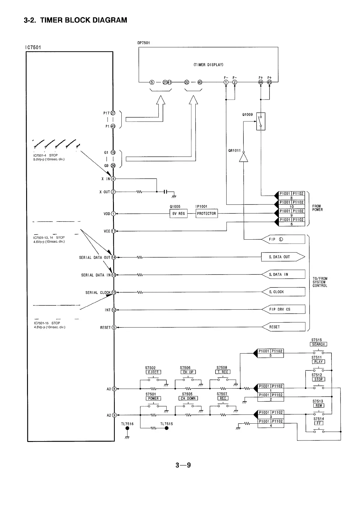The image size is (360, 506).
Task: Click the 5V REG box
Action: (178, 213)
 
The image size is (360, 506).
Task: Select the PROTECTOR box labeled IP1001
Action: (206, 213)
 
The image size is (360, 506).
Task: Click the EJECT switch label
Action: (153, 372)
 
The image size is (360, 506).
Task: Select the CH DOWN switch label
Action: (188, 398)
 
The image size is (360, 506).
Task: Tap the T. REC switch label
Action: (223, 372)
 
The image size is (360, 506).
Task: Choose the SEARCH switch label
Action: (318, 344)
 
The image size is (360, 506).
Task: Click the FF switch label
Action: (319, 423)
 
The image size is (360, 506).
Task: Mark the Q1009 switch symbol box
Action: (261, 121)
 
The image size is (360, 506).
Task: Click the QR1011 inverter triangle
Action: (243, 157)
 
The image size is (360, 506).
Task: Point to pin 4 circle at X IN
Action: (113, 179)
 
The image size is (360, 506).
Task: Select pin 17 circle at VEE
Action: (113, 231)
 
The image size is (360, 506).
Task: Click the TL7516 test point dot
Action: (127, 429)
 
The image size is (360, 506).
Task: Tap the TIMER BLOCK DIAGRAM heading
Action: (75, 20)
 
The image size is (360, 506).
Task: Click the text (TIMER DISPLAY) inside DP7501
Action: (208, 65)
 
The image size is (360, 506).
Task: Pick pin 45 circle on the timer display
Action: (269, 82)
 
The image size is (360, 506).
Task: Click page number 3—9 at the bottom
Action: (183, 465)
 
